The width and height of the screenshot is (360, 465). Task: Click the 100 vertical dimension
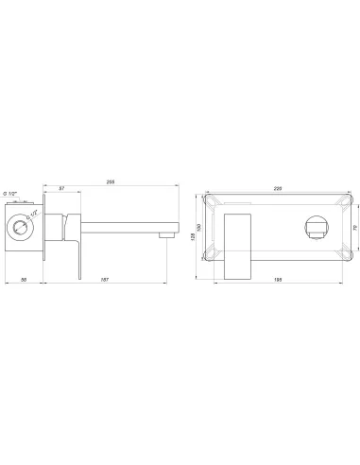[x=201, y=228]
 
